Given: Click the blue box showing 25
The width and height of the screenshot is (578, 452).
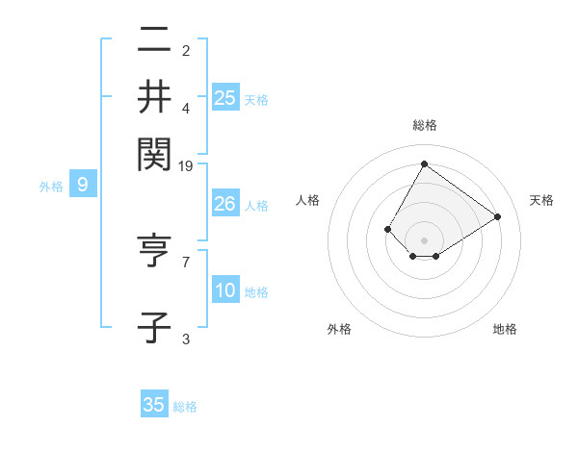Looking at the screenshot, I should tap(225, 98).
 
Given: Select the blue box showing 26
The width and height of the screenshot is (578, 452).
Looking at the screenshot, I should tap(225, 204).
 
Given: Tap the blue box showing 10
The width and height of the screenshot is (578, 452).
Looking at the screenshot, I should tap(225, 291).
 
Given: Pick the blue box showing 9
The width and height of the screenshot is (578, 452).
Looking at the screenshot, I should tap(83, 185).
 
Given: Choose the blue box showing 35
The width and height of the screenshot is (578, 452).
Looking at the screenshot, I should tap(154, 405).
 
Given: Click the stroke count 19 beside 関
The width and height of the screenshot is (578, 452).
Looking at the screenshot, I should tap(186, 166).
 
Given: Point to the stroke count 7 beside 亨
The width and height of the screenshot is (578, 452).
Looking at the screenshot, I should tap(186, 261).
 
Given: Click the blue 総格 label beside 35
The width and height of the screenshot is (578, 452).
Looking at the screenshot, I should tap(186, 407).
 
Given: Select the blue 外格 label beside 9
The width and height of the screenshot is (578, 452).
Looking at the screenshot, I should tap(51, 187).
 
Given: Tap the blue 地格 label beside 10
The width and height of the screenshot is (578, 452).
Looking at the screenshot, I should tap(256, 292).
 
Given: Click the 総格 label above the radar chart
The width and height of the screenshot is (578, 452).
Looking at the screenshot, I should tap(425, 125).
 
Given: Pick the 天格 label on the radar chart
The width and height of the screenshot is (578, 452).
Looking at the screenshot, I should tap(541, 200).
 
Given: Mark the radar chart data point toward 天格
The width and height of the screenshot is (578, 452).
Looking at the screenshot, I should tap(498, 216).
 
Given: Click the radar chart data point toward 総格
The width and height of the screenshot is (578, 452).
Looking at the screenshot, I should tap(424, 164).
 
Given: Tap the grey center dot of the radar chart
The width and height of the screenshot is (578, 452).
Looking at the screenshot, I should tap(424, 239).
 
